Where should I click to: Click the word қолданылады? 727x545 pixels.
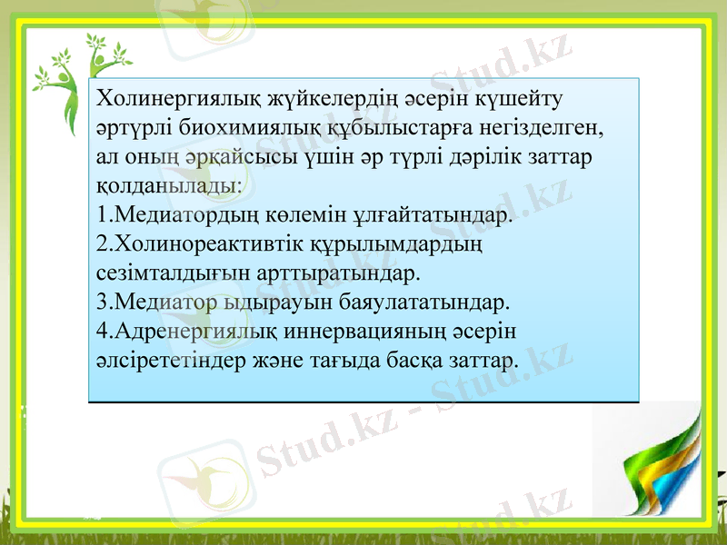tap(167, 186)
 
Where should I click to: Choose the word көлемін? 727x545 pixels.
tap(311, 215)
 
